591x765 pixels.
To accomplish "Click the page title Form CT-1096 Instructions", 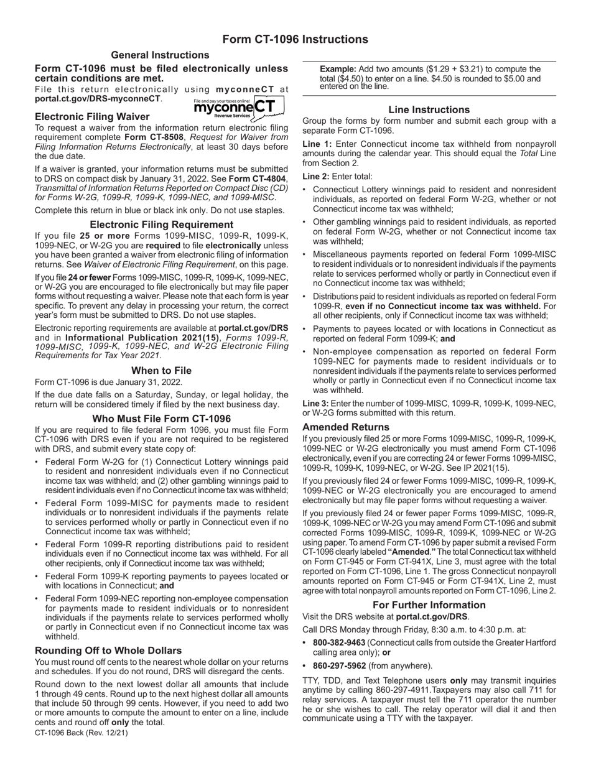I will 295,39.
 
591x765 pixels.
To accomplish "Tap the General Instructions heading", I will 160,55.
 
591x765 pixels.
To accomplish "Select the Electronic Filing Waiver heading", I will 92,116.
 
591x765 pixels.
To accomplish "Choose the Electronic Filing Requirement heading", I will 161,225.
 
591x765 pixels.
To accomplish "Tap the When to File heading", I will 161,371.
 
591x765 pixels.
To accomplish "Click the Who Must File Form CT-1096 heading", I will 161,419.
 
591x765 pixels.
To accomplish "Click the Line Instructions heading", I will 429,109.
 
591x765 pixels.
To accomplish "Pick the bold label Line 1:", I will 317,144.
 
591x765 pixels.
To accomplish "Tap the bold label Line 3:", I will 317,404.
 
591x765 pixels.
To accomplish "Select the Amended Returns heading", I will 345,427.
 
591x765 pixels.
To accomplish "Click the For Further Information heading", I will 429,605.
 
